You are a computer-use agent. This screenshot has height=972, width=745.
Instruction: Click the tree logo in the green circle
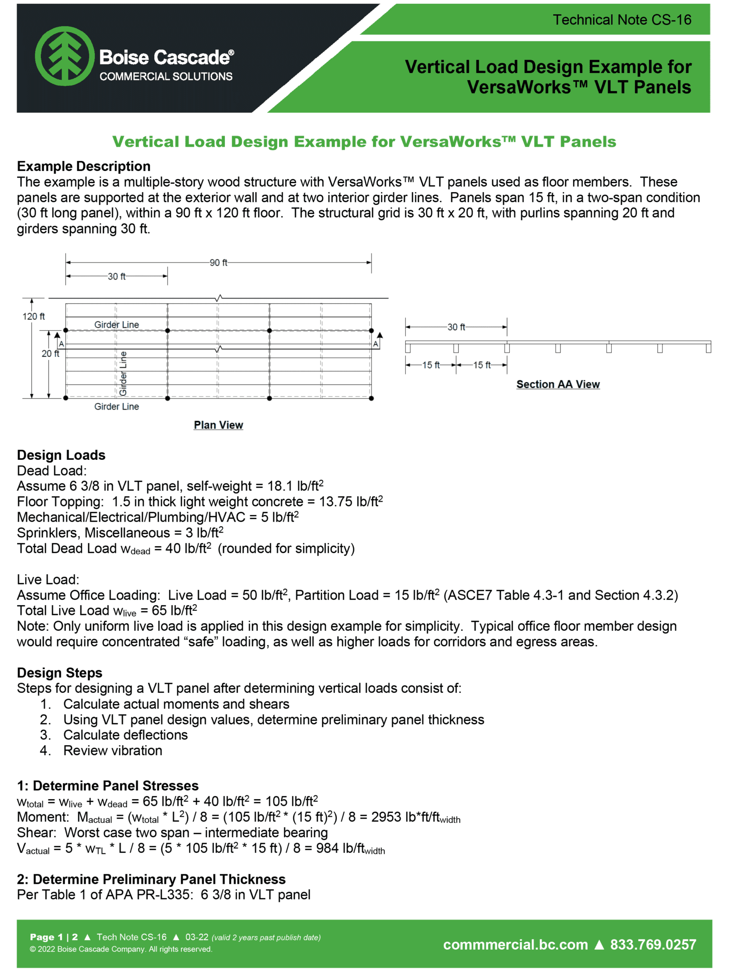coord(65,56)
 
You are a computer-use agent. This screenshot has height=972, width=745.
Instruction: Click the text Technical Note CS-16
coord(622,20)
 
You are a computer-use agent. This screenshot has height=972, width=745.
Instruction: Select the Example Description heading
coord(84,166)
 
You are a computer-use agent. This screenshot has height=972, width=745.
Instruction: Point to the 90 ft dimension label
coord(218,262)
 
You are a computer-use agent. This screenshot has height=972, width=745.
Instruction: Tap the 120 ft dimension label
coord(34,316)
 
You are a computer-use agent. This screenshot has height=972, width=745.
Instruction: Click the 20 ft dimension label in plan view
coord(50,354)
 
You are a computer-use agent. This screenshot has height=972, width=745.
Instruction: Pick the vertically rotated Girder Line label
coord(123,374)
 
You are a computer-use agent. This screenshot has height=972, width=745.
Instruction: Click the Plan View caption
coord(218,425)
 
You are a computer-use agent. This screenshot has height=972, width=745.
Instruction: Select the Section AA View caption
coord(558,384)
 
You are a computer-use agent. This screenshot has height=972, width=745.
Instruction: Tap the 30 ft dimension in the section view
coord(456,327)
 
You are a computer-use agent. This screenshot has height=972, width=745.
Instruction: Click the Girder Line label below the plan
coord(116,406)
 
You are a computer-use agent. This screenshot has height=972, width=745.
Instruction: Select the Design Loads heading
coord(61,455)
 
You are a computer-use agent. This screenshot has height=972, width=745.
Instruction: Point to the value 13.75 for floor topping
coord(336,502)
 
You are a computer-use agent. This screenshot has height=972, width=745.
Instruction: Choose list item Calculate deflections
coord(125,735)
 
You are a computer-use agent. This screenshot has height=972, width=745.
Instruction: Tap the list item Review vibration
coord(112,750)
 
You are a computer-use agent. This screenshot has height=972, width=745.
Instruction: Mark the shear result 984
coord(327,848)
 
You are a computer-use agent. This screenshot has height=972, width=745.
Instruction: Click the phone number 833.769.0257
coord(653,944)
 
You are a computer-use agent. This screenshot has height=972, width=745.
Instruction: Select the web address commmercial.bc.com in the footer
coord(515,944)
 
